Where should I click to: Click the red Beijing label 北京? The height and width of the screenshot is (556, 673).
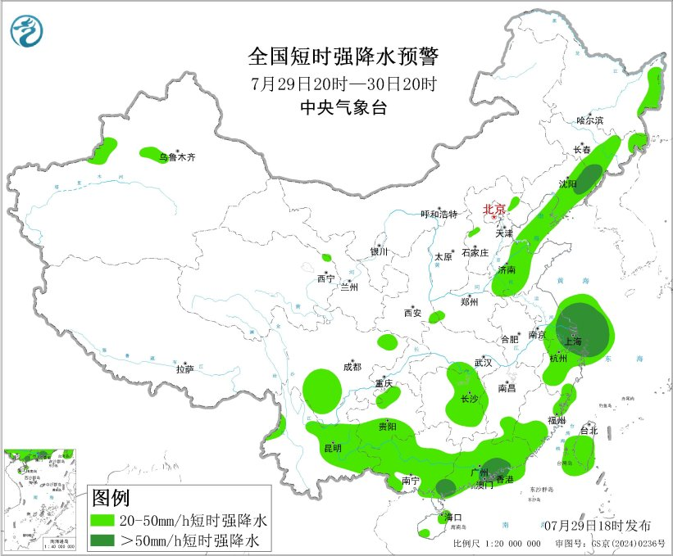(x=494, y=209)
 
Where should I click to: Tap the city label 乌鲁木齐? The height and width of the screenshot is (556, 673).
(x=178, y=157)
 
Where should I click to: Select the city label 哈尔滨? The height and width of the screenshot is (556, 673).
(x=589, y=120)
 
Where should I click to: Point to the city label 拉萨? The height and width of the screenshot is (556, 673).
(x=184, y=369)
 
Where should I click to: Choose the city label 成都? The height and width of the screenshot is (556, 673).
(x=352, y=367)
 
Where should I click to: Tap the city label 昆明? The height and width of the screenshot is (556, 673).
(x=332, y=448)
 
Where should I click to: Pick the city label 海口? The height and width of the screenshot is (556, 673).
(x=453, y=518)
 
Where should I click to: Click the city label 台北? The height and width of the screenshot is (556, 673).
(x=589, y=431)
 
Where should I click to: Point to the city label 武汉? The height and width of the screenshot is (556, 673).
(x=484, y=362)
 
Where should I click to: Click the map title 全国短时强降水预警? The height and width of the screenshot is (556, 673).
(x=343, y=57)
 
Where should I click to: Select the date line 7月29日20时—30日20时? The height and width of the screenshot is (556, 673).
(x=343, y=84)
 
